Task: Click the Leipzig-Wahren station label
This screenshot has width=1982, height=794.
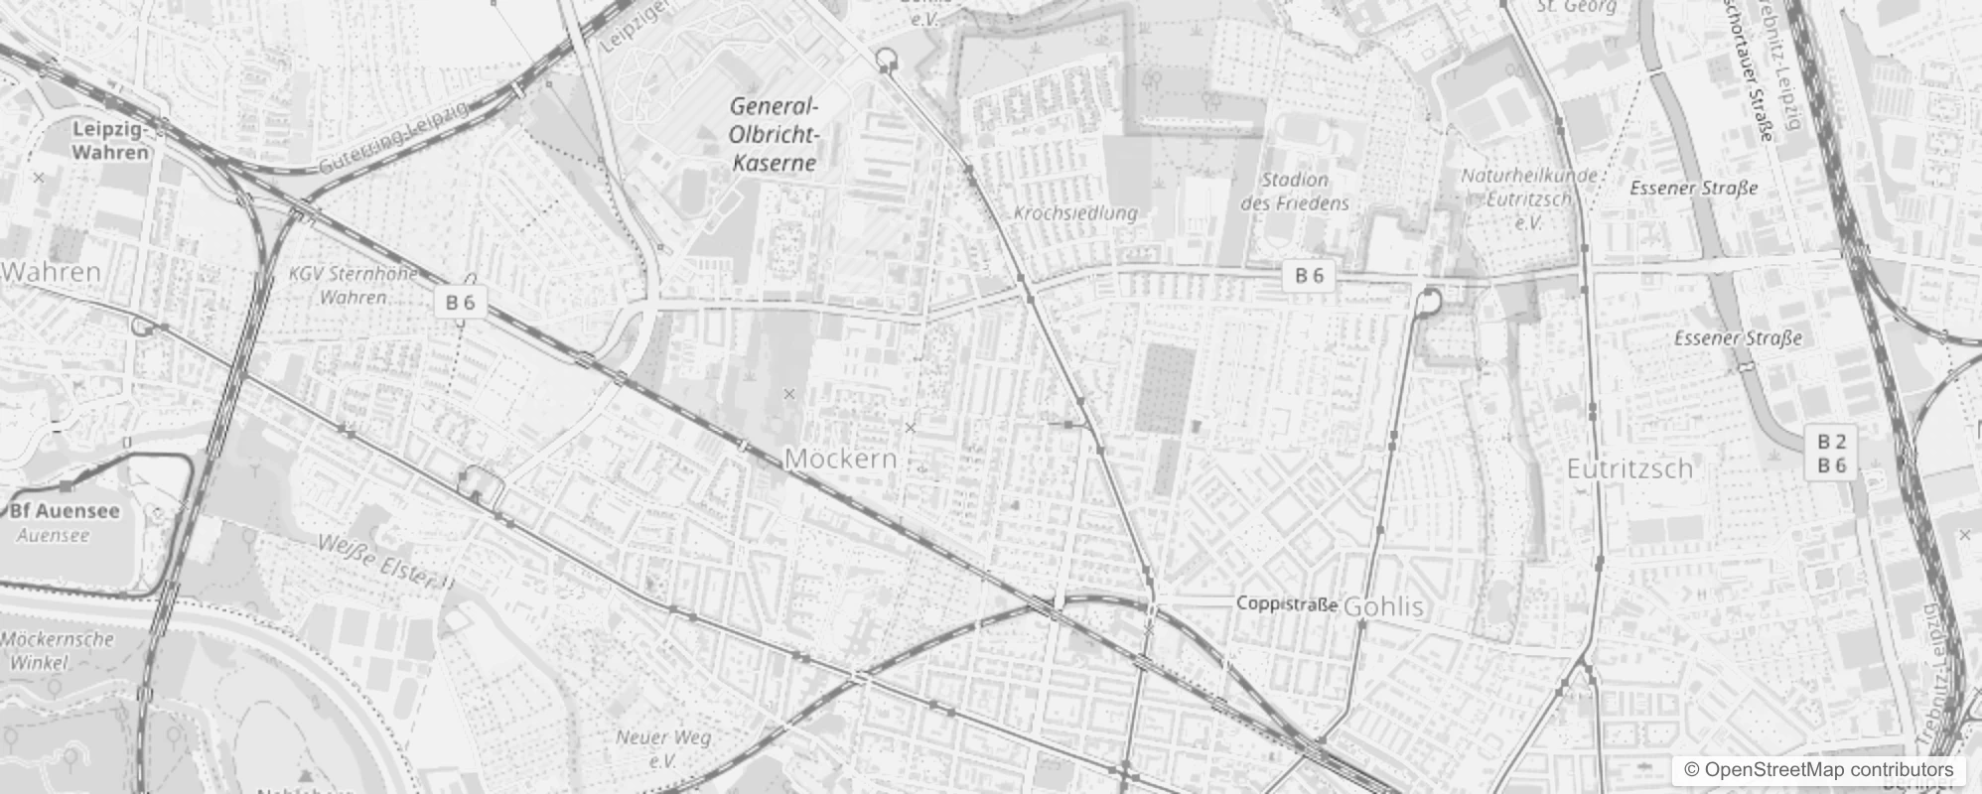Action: pyautogui.click(x=110, y=141)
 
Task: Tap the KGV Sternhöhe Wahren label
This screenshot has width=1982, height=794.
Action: pyautogui.click(x=354, y=285)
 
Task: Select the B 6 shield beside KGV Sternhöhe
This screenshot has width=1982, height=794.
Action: pyautogui.click(x=461, y=303)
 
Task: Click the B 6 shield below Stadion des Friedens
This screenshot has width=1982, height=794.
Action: pyautogui.click(x=1309, y=276)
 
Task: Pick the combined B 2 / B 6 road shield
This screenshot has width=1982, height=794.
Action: pyautogui.click(x=1831, y=454)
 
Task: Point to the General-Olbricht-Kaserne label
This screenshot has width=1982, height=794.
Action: pyautogui.click(x=774, y=135)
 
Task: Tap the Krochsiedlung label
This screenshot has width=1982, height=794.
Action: pyautogui.click(x=1075, y=213)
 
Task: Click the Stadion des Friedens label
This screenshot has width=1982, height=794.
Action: pyautogui.click(x=1295, y=192)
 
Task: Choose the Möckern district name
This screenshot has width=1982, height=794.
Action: pyautogui.click(x=840, y=459)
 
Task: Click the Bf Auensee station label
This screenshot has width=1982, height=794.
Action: pyautogui.click(x=65, y=511)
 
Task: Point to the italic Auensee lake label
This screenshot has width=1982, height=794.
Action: pyautogui.click(x=53, y=536)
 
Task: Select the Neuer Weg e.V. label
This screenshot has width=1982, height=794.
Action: pyautogui.click(x=663, y=748)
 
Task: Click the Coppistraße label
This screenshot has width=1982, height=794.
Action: pyautogui.click(x=1286, y=604)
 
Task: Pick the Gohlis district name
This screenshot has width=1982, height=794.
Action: pyautogui.click(x=1383, y=606)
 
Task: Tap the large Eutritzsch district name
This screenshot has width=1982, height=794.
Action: pyautogui.click(x=1629, y=468)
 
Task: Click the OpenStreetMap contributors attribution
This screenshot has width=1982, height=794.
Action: pyautogui.click(x=1818, y=770)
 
